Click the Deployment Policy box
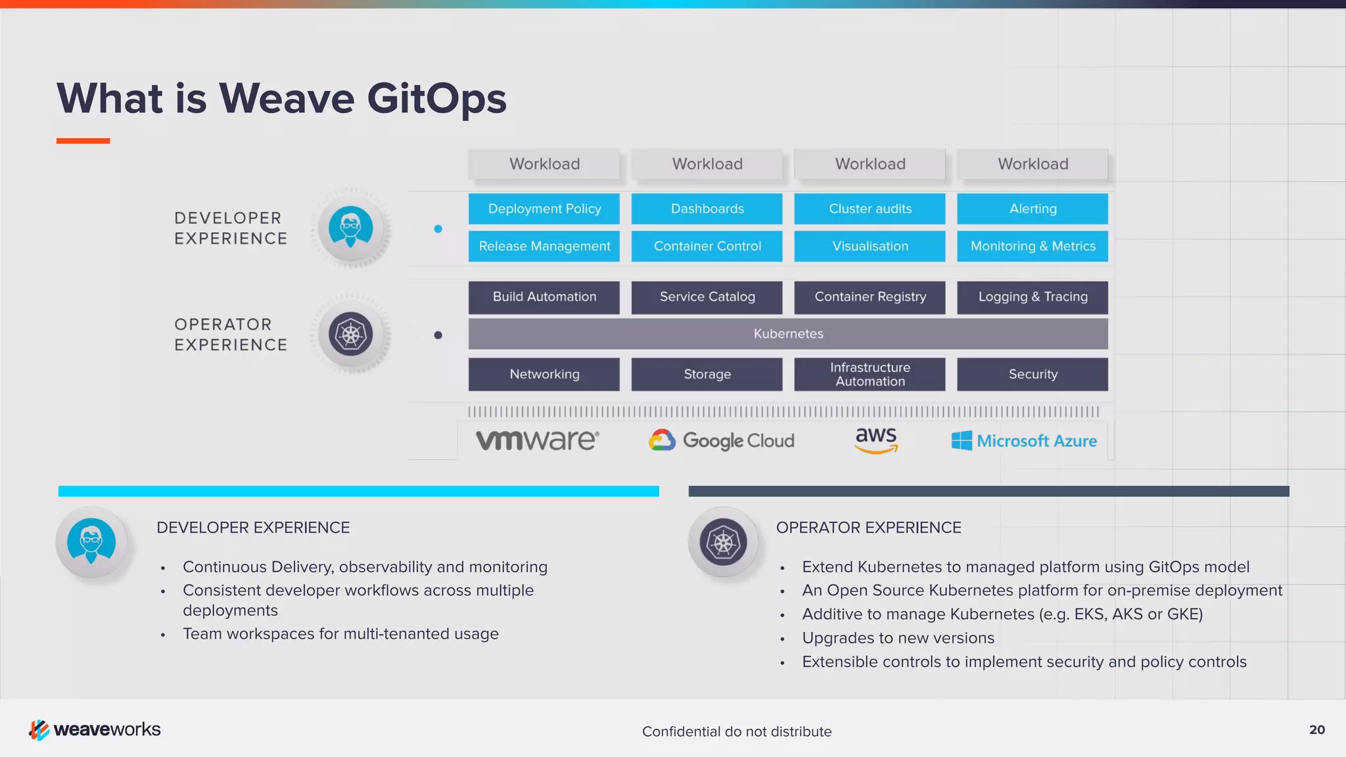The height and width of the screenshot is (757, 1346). (544, 209)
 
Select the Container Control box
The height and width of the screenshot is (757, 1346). (707, 246)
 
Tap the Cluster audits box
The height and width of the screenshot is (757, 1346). (870, 209)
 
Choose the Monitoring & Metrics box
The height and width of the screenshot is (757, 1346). (1033, 246)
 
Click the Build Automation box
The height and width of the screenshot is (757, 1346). (544, 297)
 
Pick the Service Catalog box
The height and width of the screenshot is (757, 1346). (707, 297)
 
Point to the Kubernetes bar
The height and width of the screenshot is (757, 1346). (788, 334)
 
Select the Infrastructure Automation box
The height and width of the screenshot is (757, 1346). (870, 375)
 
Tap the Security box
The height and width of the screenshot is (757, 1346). (1033, 375)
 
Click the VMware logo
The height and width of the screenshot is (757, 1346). (538, 440)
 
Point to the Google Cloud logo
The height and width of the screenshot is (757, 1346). (722, 440)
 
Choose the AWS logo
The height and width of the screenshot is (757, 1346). (876, 440)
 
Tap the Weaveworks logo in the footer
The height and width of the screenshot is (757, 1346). (95, 729)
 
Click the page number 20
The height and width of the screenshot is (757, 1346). (1317, 729)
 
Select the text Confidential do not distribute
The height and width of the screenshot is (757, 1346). (737, 731)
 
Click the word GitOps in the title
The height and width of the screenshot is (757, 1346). (436, 99)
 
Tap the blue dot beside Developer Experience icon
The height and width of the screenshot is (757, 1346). (438, 229)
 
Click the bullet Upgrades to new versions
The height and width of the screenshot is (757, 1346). (898, 638)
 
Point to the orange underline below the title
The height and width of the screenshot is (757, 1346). (83, 141)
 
